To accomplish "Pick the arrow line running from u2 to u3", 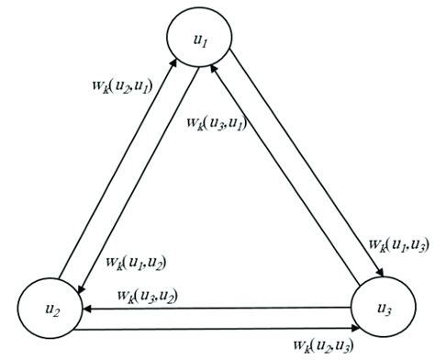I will tap(211, 326).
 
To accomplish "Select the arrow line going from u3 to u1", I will tap(284, 184).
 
